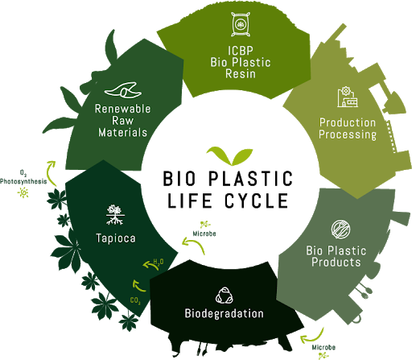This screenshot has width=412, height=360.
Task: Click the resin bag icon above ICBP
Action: coord(241,24)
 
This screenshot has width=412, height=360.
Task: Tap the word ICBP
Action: coord(241,51)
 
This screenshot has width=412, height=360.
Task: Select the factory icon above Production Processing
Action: coord(348,97)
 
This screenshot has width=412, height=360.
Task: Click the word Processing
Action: coord(348,134)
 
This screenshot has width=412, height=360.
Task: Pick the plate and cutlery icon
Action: coord(340,230)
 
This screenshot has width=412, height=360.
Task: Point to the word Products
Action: coord(336,262)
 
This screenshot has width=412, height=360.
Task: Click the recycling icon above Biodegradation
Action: coord(225,296)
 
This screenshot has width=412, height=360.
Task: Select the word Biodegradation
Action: coord(225,313)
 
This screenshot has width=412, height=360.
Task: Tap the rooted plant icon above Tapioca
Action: coord(115,215)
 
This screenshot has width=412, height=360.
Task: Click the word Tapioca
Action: coord(116,238)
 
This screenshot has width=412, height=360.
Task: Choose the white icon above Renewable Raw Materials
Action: coord(123,89)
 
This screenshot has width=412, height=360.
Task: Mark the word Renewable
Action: coord(122,109)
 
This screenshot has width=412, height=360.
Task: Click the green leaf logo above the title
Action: coord(229,156)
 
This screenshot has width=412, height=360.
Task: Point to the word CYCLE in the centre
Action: coord(257,201)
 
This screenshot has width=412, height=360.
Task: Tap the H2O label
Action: coord(159,262)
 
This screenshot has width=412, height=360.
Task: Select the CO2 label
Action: coord(135,300)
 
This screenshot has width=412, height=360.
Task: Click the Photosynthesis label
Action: coord(23,181)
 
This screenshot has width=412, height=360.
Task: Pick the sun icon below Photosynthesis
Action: coord(23,192)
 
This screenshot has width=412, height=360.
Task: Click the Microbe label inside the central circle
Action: coord(204,234)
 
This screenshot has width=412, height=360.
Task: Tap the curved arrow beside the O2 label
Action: coord(49,172)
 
